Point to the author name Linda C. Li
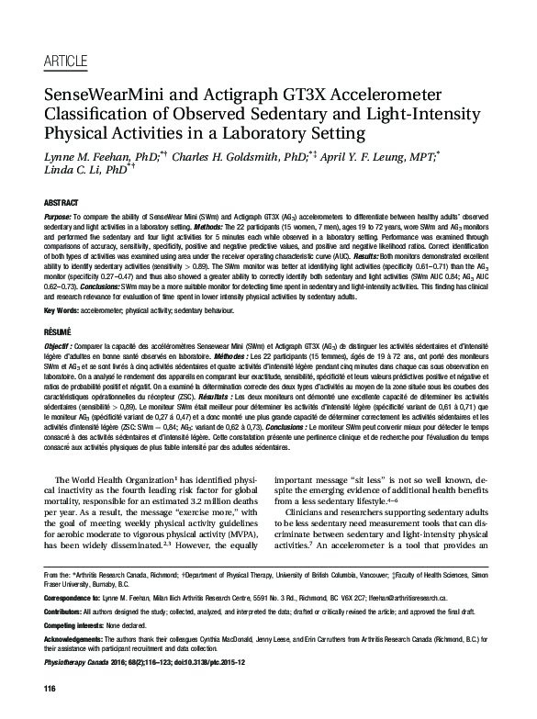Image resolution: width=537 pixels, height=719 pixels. (x=88, y=173)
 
